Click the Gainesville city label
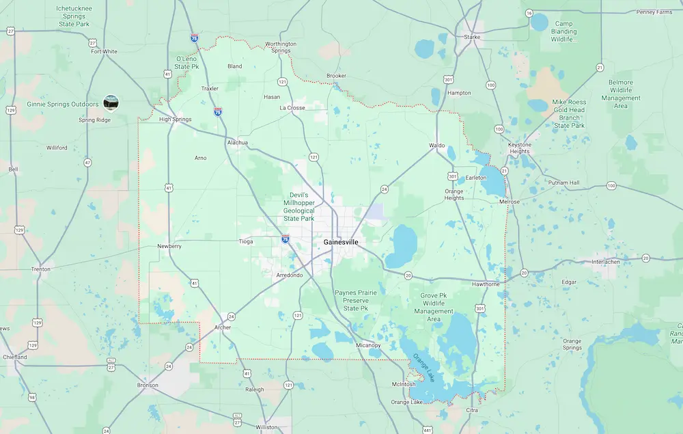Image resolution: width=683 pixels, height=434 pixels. click(340, 243)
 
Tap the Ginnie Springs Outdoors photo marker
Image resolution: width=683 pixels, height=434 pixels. click(111, 103)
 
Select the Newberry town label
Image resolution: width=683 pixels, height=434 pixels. click(169, 246)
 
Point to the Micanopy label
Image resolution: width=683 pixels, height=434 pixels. click(368, 345)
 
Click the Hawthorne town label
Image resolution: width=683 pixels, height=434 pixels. click(486, 284)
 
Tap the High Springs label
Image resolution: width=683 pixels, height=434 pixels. click(175, 120)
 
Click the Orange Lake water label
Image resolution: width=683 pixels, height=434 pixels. click(423, 370)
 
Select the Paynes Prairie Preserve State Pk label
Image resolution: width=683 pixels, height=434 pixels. click(355, 300)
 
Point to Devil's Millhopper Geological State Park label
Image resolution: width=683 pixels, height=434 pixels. click(298, 206)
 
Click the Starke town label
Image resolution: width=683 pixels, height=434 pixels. click(472, 37)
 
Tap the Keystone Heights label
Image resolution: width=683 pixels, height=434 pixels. click(524, 148)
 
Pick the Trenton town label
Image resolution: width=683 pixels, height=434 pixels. click(40, 269)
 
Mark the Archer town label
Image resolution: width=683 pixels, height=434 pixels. click(223, 327)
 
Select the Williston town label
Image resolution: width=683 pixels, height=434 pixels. click(266, 427)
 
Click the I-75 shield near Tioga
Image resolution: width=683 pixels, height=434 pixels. click(285, 239)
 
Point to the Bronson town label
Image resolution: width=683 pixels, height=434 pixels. click(148, 385)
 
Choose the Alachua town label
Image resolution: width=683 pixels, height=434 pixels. click(237, 143)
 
